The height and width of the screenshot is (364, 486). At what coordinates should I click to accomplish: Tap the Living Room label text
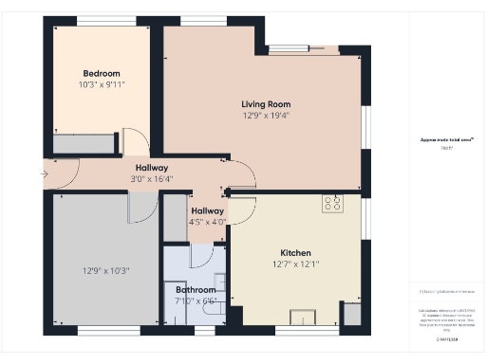[265, 104]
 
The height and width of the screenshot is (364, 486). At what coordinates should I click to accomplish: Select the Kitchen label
[295, 253]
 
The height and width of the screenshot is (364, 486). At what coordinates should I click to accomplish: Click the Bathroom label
[196, 289]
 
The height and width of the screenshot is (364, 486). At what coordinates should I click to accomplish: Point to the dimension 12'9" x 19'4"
[265, 116]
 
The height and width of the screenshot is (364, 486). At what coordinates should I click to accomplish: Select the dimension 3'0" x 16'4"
[151, 177]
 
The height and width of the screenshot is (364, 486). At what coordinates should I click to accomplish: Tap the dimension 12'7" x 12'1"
[295, 264]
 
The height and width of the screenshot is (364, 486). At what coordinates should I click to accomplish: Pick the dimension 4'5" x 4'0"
[208, 222]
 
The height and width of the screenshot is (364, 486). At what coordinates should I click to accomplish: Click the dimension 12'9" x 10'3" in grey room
[105, 271]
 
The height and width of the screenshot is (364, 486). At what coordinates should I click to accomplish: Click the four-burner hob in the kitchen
[332, 204]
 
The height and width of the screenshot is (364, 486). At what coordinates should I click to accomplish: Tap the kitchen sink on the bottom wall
[305, 317]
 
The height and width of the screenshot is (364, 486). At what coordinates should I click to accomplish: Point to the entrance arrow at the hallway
[45, 173]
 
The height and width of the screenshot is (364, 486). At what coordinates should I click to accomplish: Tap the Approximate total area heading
[447, 139]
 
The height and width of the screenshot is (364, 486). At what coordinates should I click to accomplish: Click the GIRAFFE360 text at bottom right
[447, 338]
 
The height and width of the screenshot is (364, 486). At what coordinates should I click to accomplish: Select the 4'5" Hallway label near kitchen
[208, 210]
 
